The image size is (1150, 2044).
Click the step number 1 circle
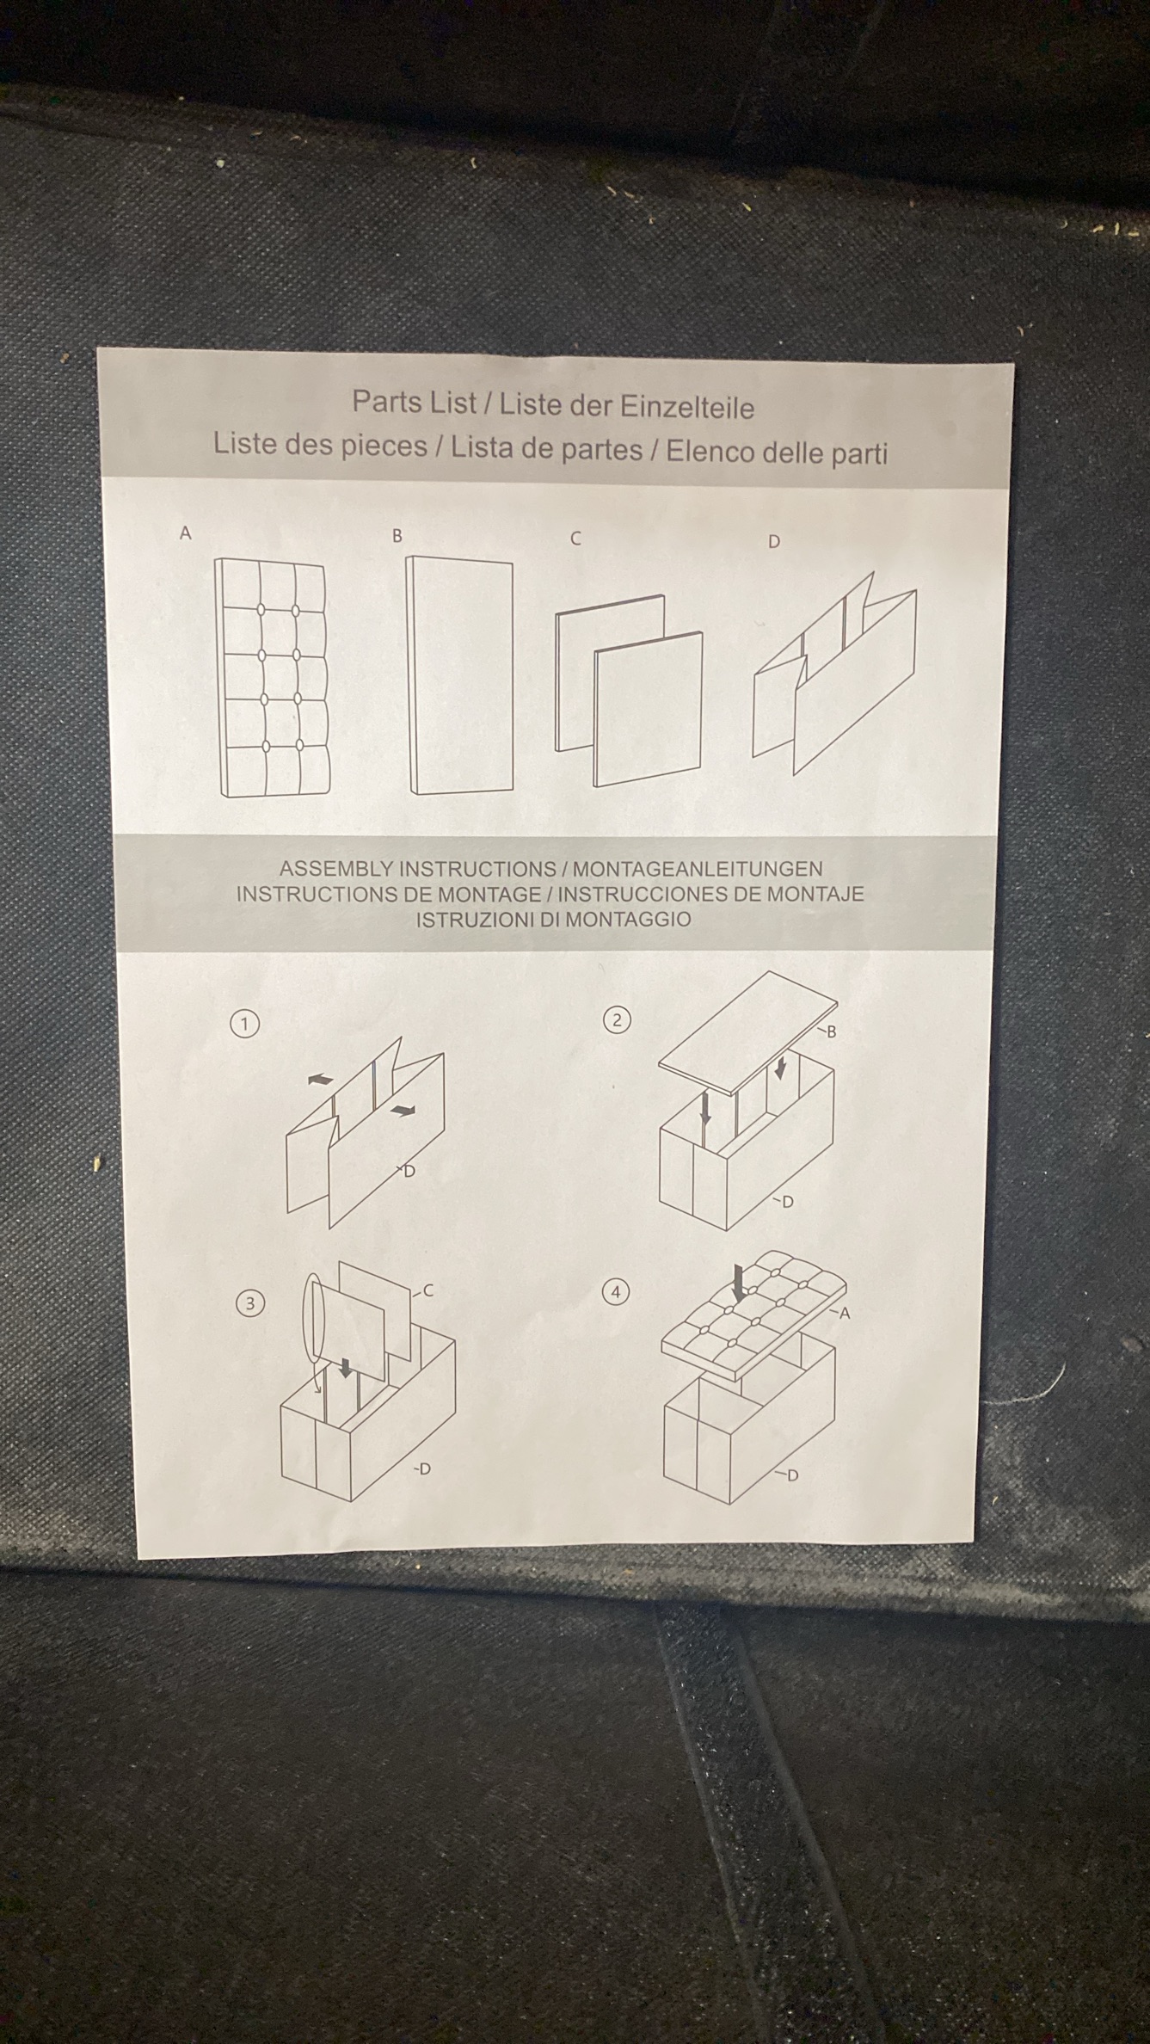[x=245, y=1024]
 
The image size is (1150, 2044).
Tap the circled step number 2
[x=617, y=1020]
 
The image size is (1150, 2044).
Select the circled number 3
[x=249, y=1303]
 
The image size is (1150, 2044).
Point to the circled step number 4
[x=615, y=1292]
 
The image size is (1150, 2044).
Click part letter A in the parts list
[x=185, y=533]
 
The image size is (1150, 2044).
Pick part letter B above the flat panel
[x=397, y=536]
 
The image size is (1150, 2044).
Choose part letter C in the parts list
[x=575, y=539]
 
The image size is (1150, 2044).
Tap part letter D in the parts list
[x=774, y=542]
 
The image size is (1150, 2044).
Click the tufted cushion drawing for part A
[x=272, y=678]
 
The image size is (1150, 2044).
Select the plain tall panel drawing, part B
[x=460, y=675]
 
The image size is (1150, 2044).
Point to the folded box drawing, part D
[x=833, y=671]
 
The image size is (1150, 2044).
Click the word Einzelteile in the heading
[x=687, y=408]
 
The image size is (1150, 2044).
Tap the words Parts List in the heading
[x=414, y=402]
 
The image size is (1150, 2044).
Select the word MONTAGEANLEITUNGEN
[x=698, y=870]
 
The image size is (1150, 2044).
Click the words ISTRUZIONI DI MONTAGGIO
[x=554, y=920]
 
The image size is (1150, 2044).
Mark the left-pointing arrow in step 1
[x=320, y=1079]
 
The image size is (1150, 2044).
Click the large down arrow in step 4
[x=738, y=1284]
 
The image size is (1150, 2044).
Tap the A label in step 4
[x=845, y=1313]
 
